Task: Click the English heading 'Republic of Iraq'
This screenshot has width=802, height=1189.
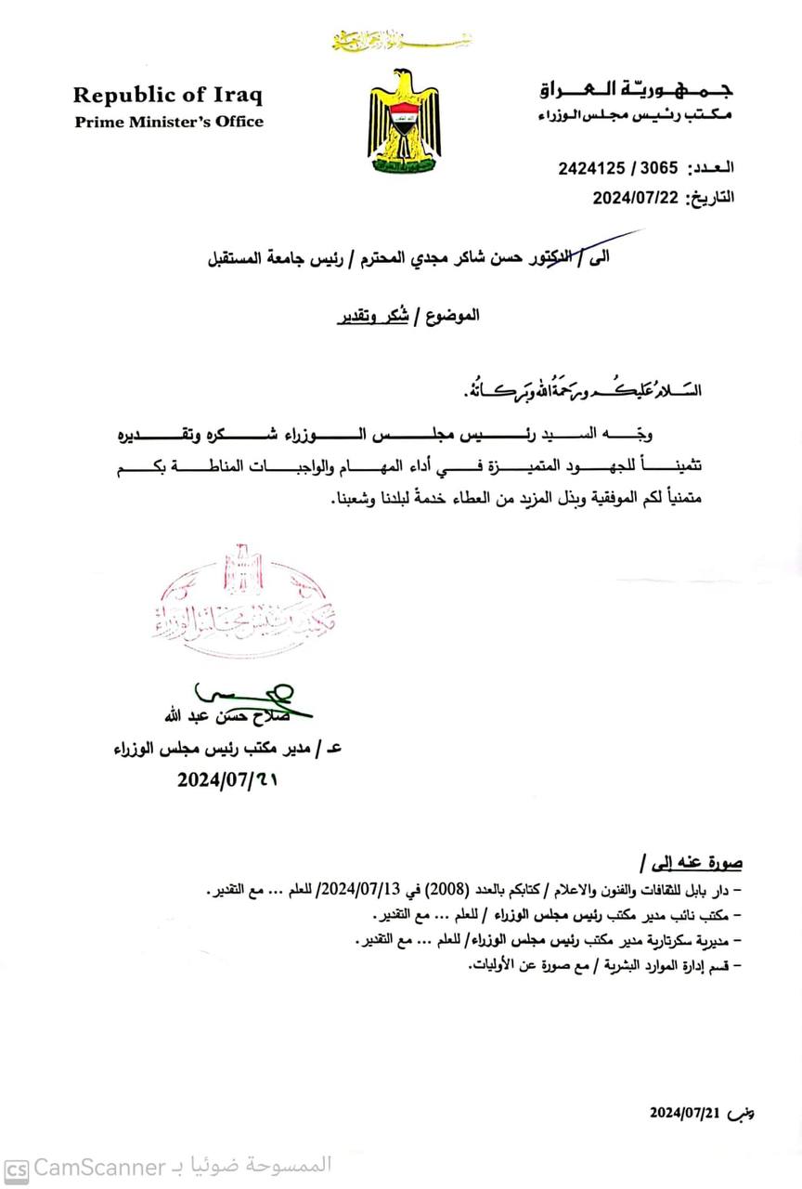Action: (x=168, y=95)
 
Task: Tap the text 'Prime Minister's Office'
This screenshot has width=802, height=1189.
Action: (x=169, y=122)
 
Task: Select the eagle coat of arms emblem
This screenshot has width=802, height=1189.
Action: (x=405, y=121)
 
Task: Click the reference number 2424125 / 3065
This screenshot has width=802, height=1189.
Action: (x=617, y=168)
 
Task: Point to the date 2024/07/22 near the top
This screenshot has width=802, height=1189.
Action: (x=638, y=197)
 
